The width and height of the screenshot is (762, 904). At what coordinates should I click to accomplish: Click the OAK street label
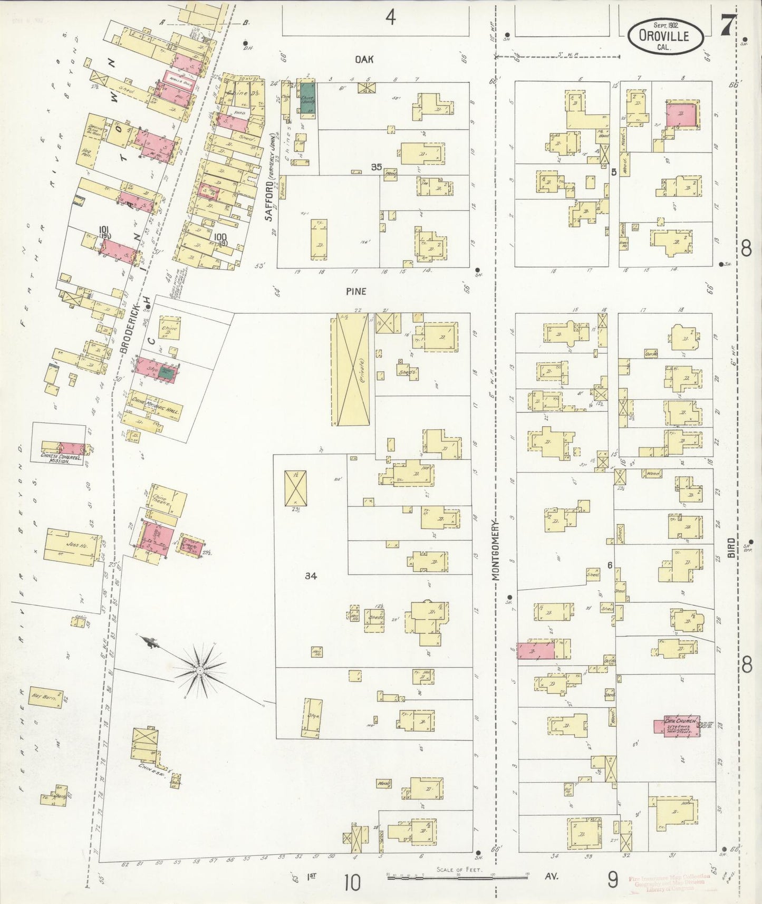pos(364,60)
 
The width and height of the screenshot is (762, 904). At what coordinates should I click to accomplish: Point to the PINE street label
pos(356,291)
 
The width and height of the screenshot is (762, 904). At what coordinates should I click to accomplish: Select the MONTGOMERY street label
pos(495,550)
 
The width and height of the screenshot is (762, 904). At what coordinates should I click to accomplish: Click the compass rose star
pos(200,670)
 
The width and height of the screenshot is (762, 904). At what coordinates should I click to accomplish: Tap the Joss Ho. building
pos(72,546)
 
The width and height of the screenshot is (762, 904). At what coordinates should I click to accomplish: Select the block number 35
pos(375,167)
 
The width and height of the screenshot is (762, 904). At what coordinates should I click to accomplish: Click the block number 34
pos(311,576)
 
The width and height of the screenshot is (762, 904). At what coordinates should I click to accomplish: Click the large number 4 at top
pos(390,18)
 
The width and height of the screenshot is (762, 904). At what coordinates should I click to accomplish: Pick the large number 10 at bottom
pos(352,882)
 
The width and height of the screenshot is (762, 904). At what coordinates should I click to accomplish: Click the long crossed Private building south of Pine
pos(352,369)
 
